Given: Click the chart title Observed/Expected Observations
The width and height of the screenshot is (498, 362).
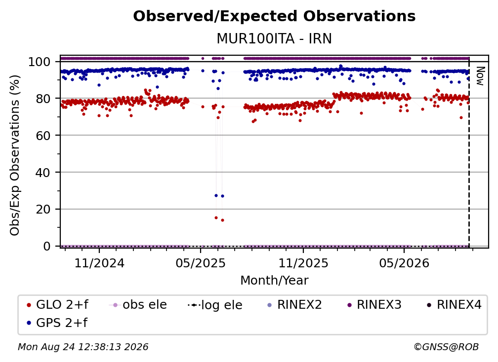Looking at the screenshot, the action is (274, 16).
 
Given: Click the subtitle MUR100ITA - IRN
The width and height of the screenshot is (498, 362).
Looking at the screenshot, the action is (274, 39).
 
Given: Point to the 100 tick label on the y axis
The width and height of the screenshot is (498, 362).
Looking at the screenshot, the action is (39, 62).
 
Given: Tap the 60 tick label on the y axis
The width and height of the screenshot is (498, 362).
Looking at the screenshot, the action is (43, 136).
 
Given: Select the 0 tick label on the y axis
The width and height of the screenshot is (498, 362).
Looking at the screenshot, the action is (46, 246).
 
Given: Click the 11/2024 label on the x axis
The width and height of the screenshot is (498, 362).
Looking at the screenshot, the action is (99, 263).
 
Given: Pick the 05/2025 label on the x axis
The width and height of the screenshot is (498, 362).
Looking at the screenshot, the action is (201, 263).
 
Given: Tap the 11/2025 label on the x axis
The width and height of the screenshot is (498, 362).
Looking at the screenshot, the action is (303, 263).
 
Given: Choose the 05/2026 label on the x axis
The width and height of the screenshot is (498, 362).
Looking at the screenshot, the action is (404, 263).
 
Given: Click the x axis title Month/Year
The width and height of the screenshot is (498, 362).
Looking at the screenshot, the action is (274, 281).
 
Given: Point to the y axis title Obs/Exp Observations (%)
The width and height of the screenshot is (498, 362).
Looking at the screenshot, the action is (15, 155).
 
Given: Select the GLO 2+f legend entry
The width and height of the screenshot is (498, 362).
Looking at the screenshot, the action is (57, 305).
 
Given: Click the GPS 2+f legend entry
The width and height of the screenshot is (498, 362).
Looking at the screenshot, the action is (57, 323).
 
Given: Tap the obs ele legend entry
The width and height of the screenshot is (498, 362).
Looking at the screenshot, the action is (138, 305).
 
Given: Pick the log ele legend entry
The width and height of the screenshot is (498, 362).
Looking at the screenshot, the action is (215, 305).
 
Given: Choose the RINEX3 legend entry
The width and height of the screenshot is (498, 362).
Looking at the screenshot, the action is (374, 305).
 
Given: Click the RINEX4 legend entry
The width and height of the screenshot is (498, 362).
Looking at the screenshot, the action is (454, 305).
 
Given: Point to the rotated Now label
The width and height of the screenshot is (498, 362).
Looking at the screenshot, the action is (480, 76).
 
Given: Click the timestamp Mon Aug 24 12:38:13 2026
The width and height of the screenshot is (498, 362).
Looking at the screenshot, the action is (83, 347).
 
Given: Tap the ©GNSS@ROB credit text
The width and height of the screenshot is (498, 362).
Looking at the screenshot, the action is (446, 347).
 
